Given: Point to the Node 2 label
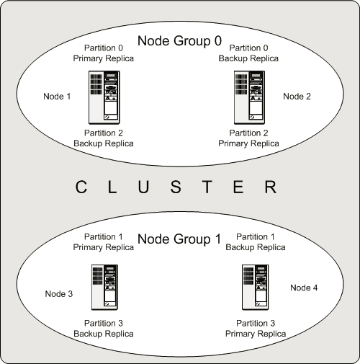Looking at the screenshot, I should pyautogui.click(x=297, y=97).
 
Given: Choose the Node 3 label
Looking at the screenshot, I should pyautogui.click(x=59, y=293).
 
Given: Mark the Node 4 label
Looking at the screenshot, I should pyautogui.click(x=303, y=288).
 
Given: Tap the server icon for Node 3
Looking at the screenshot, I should pyautogui.click(x=104, y=287).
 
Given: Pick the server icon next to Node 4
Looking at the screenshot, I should pyautogui.click(x=253, y=287).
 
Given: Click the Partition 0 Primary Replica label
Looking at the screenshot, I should pyautogui.click(x=104, y=54).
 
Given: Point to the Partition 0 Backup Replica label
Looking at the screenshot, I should pyautogui.click(x=248, y=54).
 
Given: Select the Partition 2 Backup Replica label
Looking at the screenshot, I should pyautogui.click(x=104, y=138).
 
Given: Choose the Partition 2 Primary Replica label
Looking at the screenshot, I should pyautogui.click(x=248, y=138).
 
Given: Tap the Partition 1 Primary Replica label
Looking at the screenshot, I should pyautogui.click(x=104, y=242).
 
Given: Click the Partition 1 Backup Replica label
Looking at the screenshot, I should pyautogui.click(x=256, y=242).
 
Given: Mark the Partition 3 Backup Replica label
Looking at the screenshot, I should pyautogui.click(x=104, y=329).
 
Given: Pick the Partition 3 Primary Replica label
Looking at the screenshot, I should pyautogui.click(x=256, y=329).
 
